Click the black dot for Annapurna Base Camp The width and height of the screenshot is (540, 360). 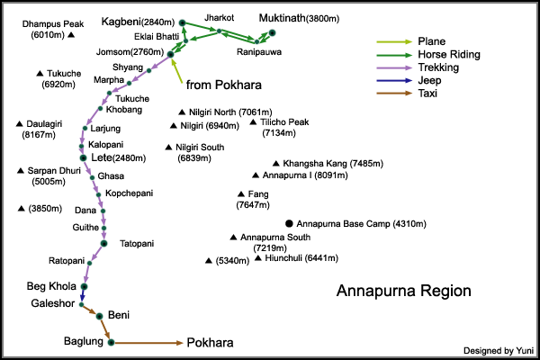(x=289, y=222)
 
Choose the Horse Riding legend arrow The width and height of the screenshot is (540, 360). (x=395, y=54)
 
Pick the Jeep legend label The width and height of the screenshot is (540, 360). (x=429, y=79)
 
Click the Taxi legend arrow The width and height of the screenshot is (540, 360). (x=395, y=92)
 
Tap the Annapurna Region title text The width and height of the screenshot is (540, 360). (x=402, y=292)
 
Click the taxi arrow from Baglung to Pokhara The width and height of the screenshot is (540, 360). (x=148, y=343)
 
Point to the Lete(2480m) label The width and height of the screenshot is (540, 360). (x=118, y=158)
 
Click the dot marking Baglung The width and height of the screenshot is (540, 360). (x=111, y=342)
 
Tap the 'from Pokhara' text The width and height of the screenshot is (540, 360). (x=223, y=85)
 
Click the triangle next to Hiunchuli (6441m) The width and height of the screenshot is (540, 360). (x=258, y=258)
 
